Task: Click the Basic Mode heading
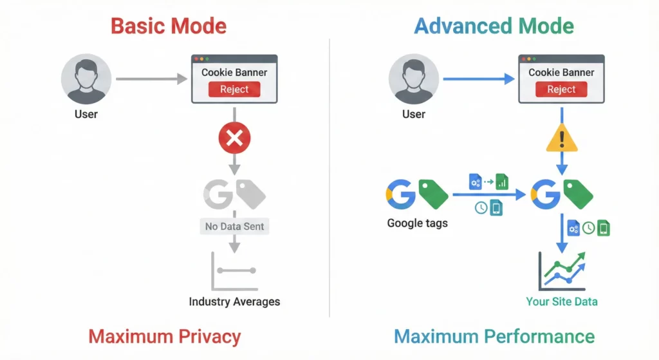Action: click(x=169, y=26)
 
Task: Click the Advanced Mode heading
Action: click(x=494, y=26)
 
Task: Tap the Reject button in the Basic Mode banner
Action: click(x=234, y=90)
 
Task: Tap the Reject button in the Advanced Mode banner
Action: click(x=561, y=90)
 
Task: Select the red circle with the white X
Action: click(x=234, y=138)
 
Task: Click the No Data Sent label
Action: click(x=234, y=227)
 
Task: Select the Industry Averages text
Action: click(x=234, y=301)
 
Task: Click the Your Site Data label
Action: click(x=562, y=301)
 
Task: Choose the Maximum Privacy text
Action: click(x=165, y=336)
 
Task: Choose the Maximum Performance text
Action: click(x=494, y=336)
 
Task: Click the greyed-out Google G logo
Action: click(x=218, y=193)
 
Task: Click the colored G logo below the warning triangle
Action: click(x=545, y=194)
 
